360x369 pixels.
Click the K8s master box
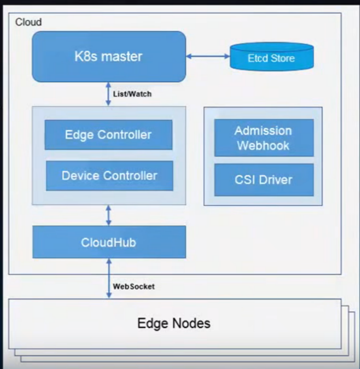click(109, 56)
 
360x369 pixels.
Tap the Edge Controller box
click(108, 135)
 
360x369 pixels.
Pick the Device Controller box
click(109, 176)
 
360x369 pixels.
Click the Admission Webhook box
click(264, 138)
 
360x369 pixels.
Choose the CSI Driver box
click(264, 180)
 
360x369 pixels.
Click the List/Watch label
click(132, 94)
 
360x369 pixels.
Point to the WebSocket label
click(134, 286)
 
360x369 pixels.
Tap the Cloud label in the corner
click(28, 22)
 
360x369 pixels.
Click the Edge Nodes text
click(174, 323)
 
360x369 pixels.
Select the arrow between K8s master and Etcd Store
click(208, 56)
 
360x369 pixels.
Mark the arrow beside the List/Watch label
click(108, 94)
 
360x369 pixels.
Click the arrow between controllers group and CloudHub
click(108, 215)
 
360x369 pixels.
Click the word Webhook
click(263, 145)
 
